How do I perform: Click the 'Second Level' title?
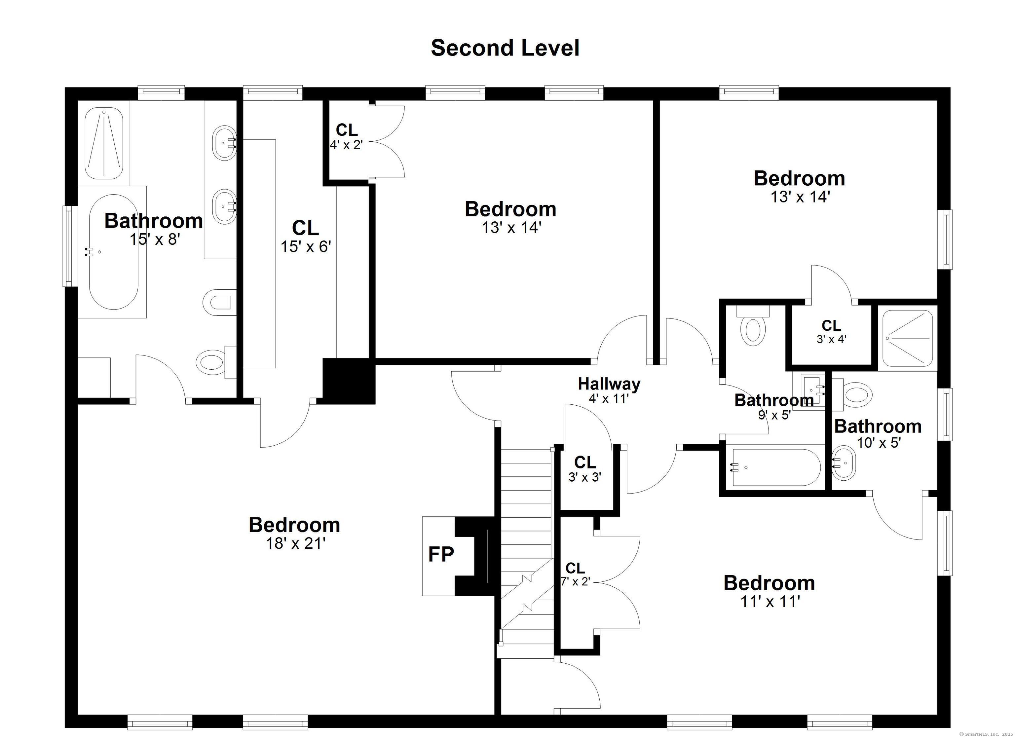[x=505, y=48]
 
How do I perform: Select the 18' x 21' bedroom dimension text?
[x=295, y=543]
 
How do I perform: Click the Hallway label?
[x=609, y=384]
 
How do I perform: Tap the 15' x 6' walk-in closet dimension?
[x=306, y=246]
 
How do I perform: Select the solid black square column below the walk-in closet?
[x=349, y=381]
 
